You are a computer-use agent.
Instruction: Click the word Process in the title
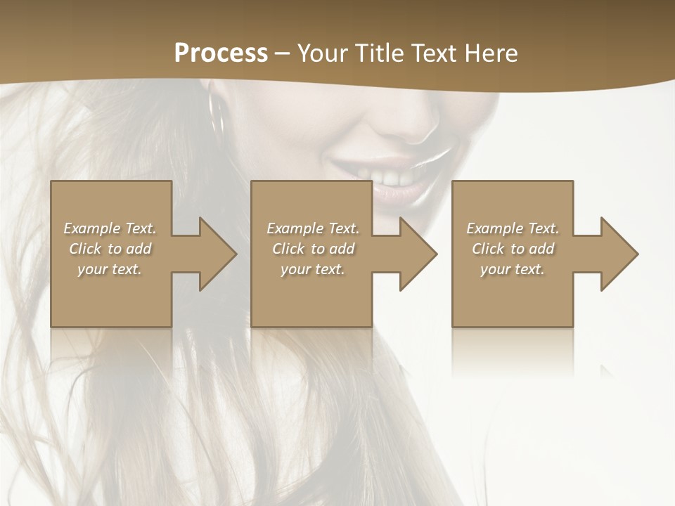coord(221,53)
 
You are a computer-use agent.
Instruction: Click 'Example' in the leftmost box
coord(91,228)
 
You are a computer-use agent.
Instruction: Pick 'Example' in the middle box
coord(294,228)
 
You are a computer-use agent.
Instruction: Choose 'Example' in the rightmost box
coord(494,228)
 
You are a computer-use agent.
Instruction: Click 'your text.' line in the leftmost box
coord(110,269)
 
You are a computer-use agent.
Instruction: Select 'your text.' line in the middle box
coord(312,269)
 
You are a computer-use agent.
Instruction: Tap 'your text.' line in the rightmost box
coord(513,269)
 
